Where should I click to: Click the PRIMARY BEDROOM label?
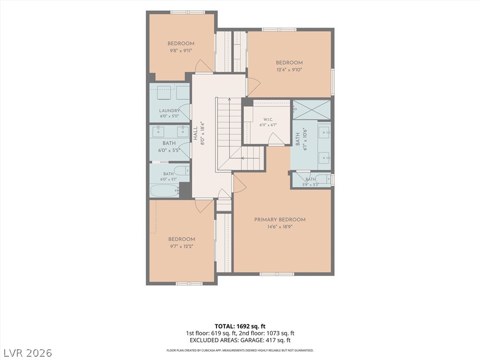pos(280,219)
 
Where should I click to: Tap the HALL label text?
pos(195,134)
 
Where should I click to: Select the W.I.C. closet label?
pos(268,120)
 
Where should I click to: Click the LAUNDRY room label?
pos(169,111)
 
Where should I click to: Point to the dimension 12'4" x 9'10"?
pos(289,70)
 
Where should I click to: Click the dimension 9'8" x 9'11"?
pos(180,51)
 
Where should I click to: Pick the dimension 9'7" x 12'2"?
pos(181,247)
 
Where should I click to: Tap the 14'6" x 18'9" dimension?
pos(280,227)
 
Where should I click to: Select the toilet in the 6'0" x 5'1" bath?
pos(181,170)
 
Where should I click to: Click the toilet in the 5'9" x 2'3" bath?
pos(323,179)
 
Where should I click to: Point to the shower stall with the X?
pos(312,110)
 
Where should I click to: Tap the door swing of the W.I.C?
pos(276,138)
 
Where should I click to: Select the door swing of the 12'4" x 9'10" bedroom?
pos(254,86)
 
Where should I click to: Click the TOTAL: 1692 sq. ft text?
pos(238,326)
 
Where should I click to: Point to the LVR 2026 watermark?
pos(27,352)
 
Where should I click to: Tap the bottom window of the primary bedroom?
pos(277,274)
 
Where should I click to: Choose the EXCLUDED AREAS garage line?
pos(240,340)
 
